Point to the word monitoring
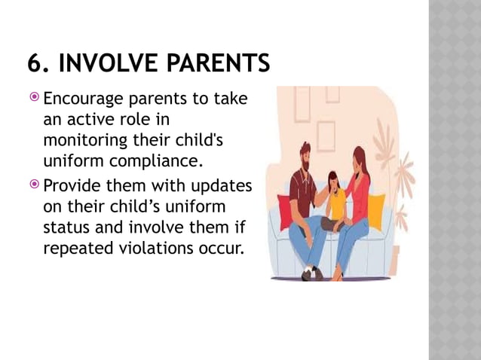tap(85, 141)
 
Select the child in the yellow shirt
tap(335, 200)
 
